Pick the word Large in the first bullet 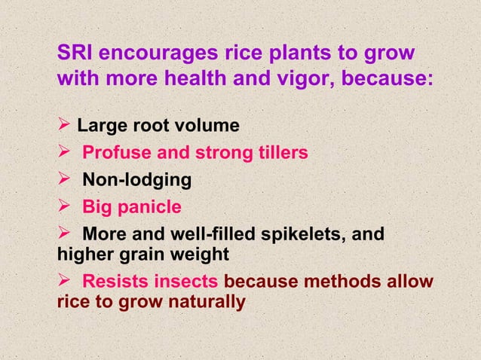[x=100, y=124]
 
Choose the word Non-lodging [x=136, y=181]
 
